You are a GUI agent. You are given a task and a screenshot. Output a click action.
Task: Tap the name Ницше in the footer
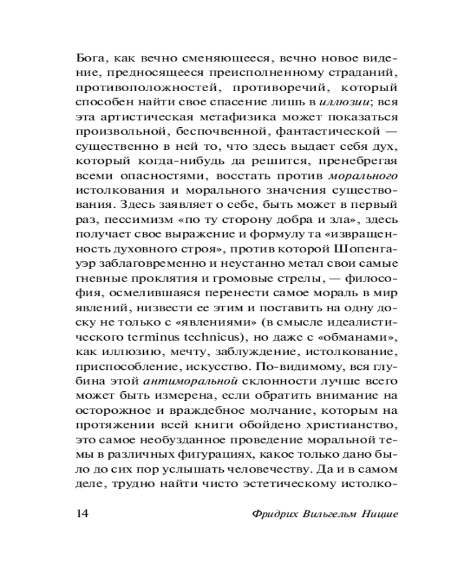tap(378, 514)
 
